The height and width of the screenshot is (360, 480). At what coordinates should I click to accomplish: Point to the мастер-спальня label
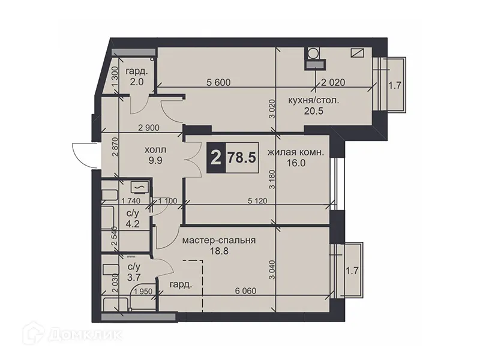[x=219, y=240]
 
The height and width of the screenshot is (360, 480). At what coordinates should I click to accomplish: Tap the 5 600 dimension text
[x=220, y=83]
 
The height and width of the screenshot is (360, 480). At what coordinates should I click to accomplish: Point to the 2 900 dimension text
[x=149, y=128]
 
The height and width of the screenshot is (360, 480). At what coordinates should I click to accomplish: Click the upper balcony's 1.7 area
[x=394, y=85]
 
